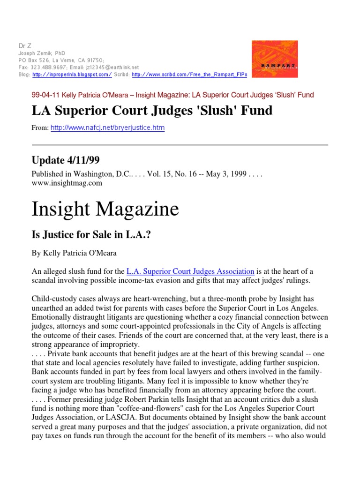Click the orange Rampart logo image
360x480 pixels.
click(274, 59)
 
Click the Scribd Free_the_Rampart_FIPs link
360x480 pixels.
click(189, 74)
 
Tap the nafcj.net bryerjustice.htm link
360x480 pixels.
click(107, 127)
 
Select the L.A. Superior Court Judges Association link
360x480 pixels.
click(191, 271)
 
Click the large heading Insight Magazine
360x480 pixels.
click(105, 209)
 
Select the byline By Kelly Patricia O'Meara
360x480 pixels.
click(74, 253)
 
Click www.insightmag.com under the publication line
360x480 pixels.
click(67, 183)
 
